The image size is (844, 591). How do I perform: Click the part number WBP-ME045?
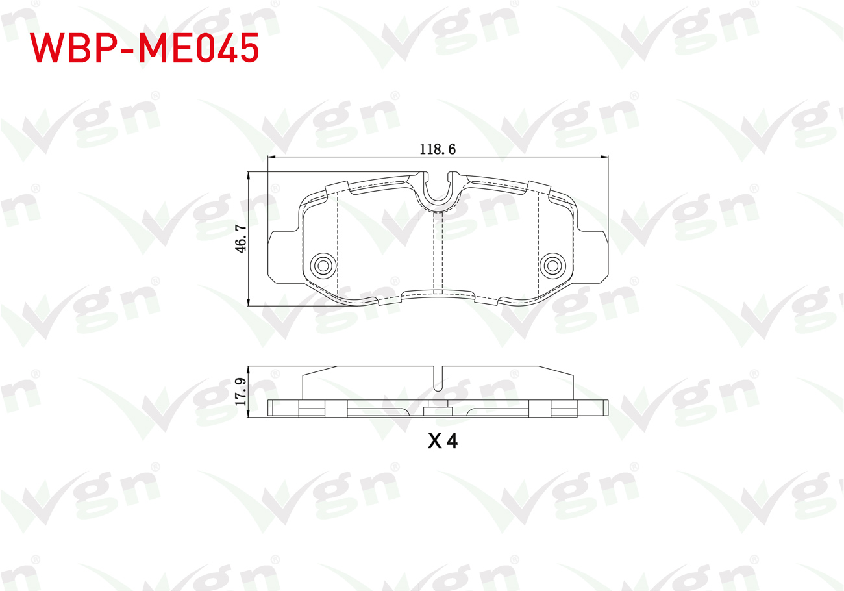pyautogui.click(x=144, y=48)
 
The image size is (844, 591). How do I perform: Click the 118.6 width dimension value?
pyautogui.click(x=438, y=149)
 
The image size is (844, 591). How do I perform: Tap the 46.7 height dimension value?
pyautogui.click(x=241, y=238)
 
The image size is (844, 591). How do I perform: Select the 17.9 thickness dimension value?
pyautogui.click(x=240, y=392)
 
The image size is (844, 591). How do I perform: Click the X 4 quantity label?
pyautogui.click(x=443, y=440)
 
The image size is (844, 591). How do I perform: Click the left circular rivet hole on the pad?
pyautogui.click(x=323, y=266)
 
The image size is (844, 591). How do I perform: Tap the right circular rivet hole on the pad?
pyautogui.click(x=552, y=266)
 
